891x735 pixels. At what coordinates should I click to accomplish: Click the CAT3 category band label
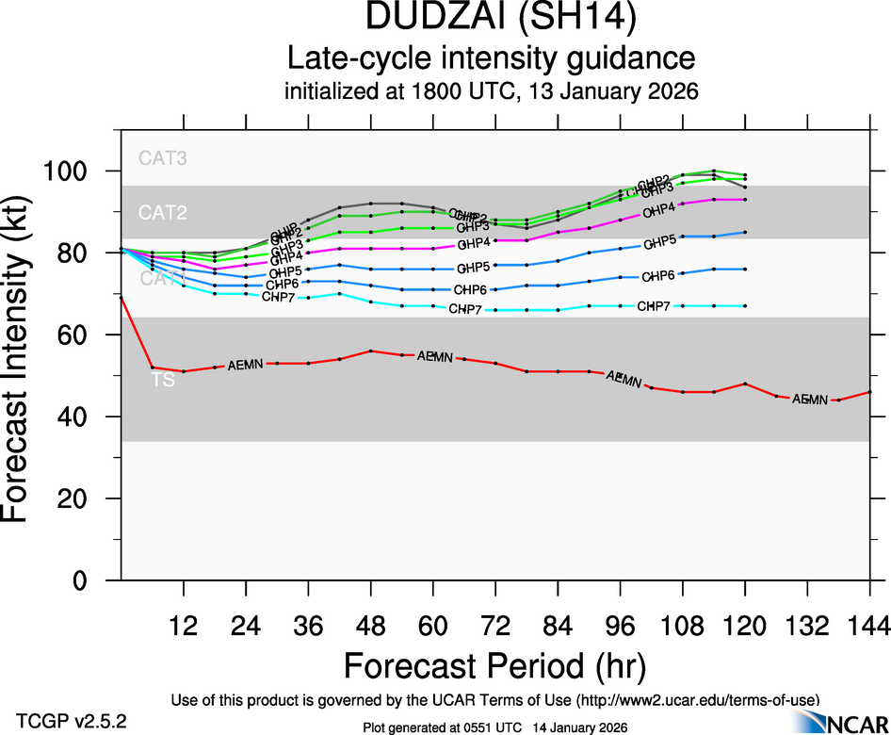point(163,158)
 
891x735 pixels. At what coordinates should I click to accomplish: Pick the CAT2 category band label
point(163,213)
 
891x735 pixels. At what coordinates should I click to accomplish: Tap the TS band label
point(162,381)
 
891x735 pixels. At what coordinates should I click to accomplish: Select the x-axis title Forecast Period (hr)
point(494,666)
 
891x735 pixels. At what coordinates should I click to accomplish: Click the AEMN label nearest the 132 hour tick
point(809,400)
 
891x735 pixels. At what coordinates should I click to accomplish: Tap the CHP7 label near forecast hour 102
point(654,306)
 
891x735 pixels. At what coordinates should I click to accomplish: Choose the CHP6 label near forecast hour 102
point(657,276)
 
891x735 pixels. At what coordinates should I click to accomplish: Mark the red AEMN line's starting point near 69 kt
point(121,297)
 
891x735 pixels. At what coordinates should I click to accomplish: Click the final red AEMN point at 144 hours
point(869,392)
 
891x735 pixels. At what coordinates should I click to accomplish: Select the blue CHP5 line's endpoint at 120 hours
point(745,232)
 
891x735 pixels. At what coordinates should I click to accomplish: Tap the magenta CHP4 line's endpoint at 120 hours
point(745,200)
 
